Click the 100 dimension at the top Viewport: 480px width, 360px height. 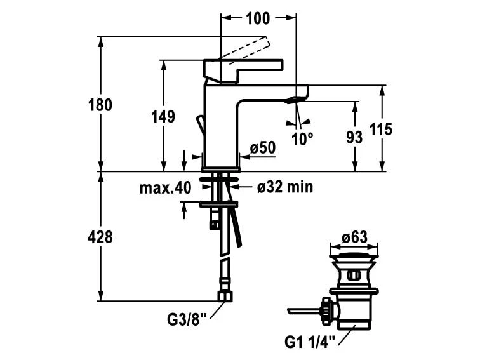[x=257, y=18]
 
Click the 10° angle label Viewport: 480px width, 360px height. [x=302, y=138]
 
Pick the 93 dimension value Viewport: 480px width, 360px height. [x=354, y=137]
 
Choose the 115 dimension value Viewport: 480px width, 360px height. [x=380, y=130]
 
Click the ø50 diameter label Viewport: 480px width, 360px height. [x=262, y=148]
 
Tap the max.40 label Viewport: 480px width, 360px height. [x=165, y=188]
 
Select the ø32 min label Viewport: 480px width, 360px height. [x=284, y=187]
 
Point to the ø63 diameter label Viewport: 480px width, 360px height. [x=354, y=237]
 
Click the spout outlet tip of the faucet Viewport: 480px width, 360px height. [x=295, y=100]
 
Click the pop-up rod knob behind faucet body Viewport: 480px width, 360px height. [x=199, y=123]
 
